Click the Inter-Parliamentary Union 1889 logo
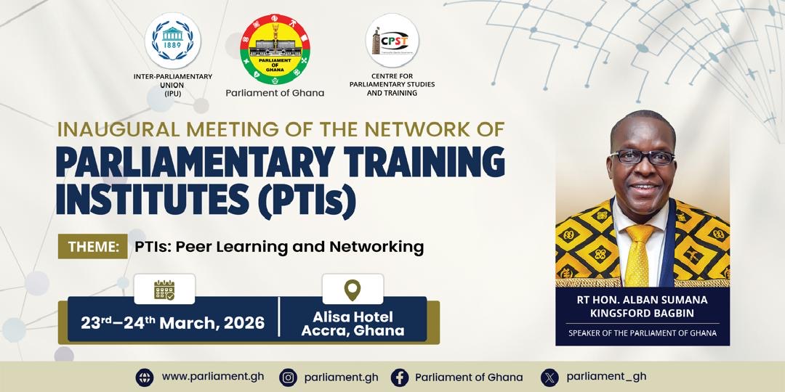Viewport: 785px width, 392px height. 173,41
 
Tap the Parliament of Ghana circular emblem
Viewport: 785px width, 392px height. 275,49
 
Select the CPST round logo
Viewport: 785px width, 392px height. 392,41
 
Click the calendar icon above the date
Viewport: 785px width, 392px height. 164,290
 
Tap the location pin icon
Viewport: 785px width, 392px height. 353,290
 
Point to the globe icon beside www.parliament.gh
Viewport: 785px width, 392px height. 145,377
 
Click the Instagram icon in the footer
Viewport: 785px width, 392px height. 288,377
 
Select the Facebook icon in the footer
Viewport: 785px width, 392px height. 400,377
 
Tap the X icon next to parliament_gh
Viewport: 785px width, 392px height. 549,377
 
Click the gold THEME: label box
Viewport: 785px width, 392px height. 92,247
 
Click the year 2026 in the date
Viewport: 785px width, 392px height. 244,323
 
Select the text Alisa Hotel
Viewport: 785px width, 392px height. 353,317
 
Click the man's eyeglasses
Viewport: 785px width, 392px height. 642,157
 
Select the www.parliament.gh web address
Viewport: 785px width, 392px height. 213,377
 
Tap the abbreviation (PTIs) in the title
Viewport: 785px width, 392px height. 307,202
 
